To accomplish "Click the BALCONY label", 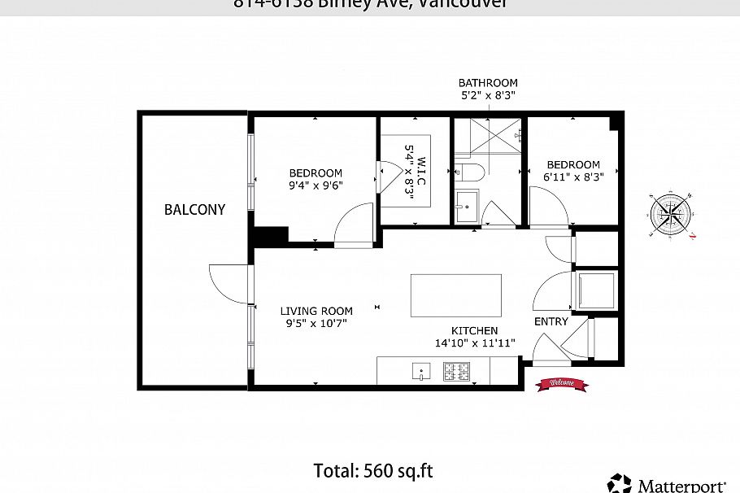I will [x=194, y=209].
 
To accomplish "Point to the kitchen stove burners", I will [x=456, y=372].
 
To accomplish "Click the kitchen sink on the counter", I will [x=420, y=372].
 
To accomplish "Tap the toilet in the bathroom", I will [x=469, y=172].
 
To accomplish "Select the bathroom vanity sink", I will [x=467, y=207].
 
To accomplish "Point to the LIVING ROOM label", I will [x=316, y=311].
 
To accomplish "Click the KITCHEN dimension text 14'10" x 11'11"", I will [x=475, y=342].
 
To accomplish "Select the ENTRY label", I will [x=551, y=322].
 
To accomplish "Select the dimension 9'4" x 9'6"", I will [x=316, y=185].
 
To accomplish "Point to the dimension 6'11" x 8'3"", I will [x=573, y=177].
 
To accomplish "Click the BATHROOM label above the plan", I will [x=488, y=83].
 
